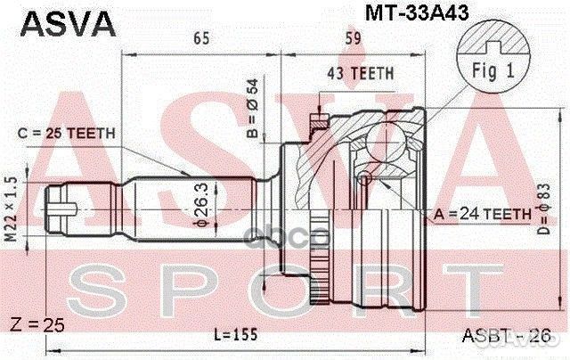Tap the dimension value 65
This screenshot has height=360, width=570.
(x=201, y=38)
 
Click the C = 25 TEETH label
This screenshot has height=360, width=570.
(x=65, y=134)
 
